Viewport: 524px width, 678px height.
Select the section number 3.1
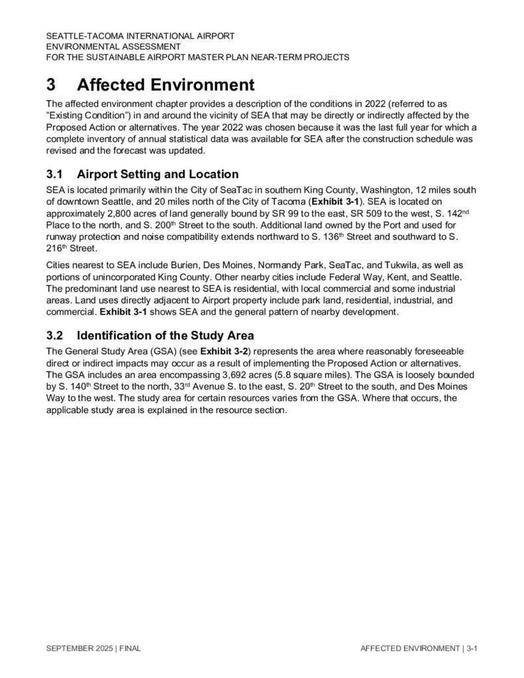(54, 175)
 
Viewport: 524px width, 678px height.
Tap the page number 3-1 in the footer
(472, 649)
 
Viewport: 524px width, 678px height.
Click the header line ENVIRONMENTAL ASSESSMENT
(113, 46)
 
